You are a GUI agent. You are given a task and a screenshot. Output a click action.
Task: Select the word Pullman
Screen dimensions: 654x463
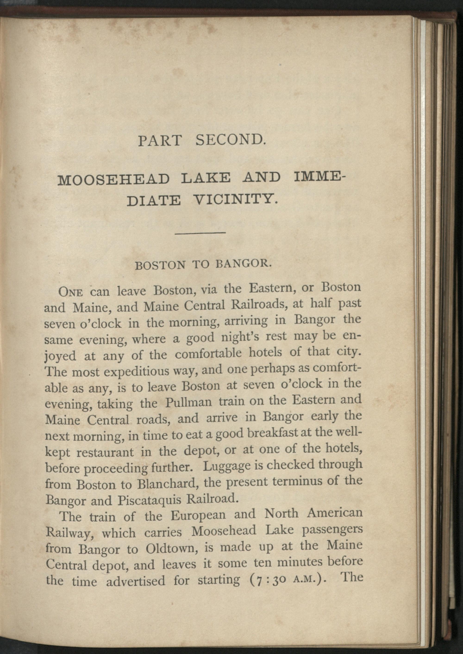(x=189, y=402)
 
